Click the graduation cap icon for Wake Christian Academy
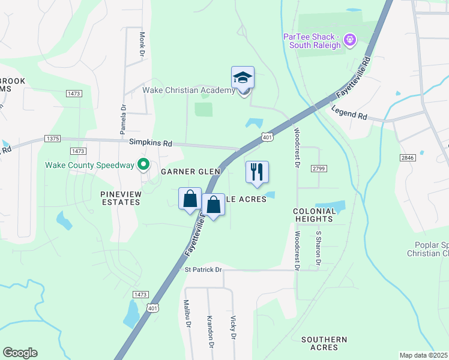[243, 78]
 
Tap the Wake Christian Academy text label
[188, 91]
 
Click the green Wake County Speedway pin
[143, 164]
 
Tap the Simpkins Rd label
[151, 143]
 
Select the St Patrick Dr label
[203, 270]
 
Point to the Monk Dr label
[142, 45]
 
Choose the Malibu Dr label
[187, 314]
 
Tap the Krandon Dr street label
[210, 331]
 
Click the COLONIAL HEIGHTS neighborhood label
[315, 215]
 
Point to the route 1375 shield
[52, 139]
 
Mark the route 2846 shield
[407, 157]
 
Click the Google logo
[20, 353]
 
